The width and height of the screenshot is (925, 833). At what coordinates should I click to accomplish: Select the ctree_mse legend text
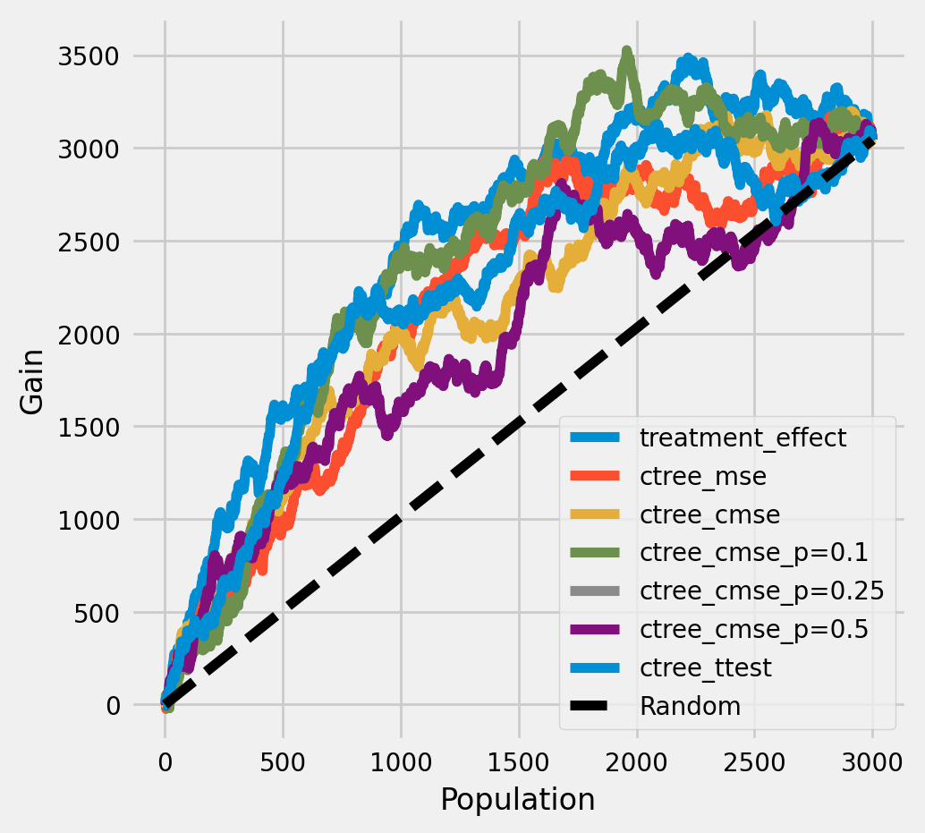tap(702, 476)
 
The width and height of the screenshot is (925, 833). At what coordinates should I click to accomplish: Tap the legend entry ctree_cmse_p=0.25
tap(761, 591)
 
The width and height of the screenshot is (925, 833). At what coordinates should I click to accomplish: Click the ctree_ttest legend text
tap(704, 667)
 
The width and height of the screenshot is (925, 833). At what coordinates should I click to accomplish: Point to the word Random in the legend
tap(690, 705)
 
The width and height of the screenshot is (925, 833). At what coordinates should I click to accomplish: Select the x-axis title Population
tap(518, 799)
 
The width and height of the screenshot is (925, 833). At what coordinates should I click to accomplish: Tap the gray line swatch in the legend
tap(593, 591)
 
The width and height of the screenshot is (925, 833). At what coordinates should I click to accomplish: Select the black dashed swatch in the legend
tap(593, 705)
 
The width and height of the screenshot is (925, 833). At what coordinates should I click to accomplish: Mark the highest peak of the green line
tap(627, 52)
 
